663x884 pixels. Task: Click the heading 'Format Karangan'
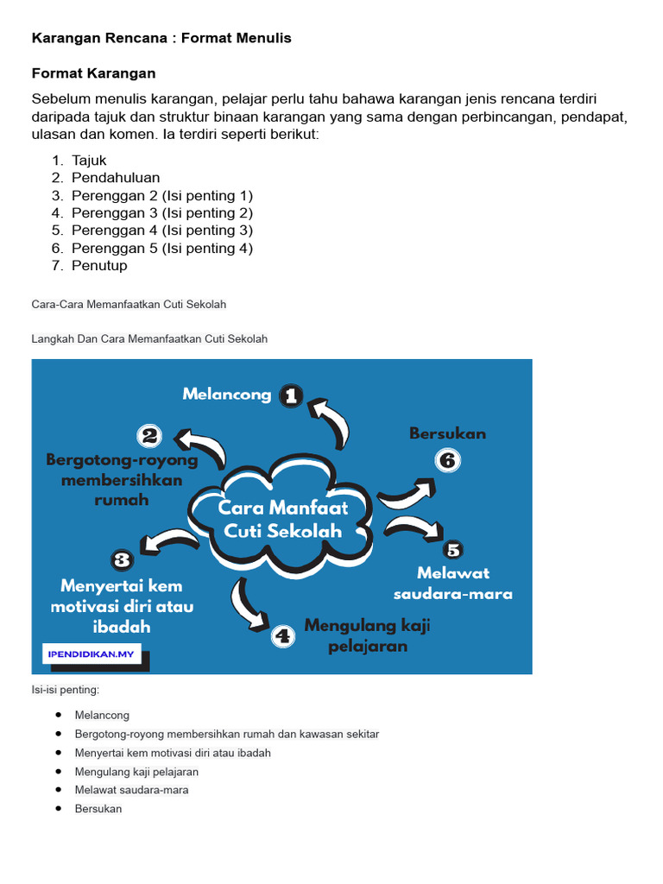coord(93,73)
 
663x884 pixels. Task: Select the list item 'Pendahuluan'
coord(116,178)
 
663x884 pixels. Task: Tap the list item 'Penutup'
coord(99,266)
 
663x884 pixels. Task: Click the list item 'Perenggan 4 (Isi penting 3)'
coord(162,230)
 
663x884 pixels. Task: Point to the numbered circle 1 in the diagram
coord(291,395)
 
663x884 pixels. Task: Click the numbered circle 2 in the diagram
coord(149,435)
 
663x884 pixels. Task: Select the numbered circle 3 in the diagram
coord(123,559)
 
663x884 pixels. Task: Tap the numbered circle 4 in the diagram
coord(283,636)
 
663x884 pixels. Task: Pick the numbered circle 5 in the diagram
coord(453,549)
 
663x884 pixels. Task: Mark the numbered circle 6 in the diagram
coord(447,460)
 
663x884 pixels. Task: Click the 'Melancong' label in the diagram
coord(227,395)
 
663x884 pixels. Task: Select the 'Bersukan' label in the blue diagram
coord(447,433)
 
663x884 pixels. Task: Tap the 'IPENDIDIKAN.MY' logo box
coord(91,654)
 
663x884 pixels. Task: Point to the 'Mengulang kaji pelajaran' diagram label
coord(367,635)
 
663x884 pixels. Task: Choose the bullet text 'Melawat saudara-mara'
coord(131,790)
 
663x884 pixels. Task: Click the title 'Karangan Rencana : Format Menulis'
coord(161,38)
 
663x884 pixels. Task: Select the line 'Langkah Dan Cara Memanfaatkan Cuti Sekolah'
coord(149,339)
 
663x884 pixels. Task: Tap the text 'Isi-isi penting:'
coord(66,690)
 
